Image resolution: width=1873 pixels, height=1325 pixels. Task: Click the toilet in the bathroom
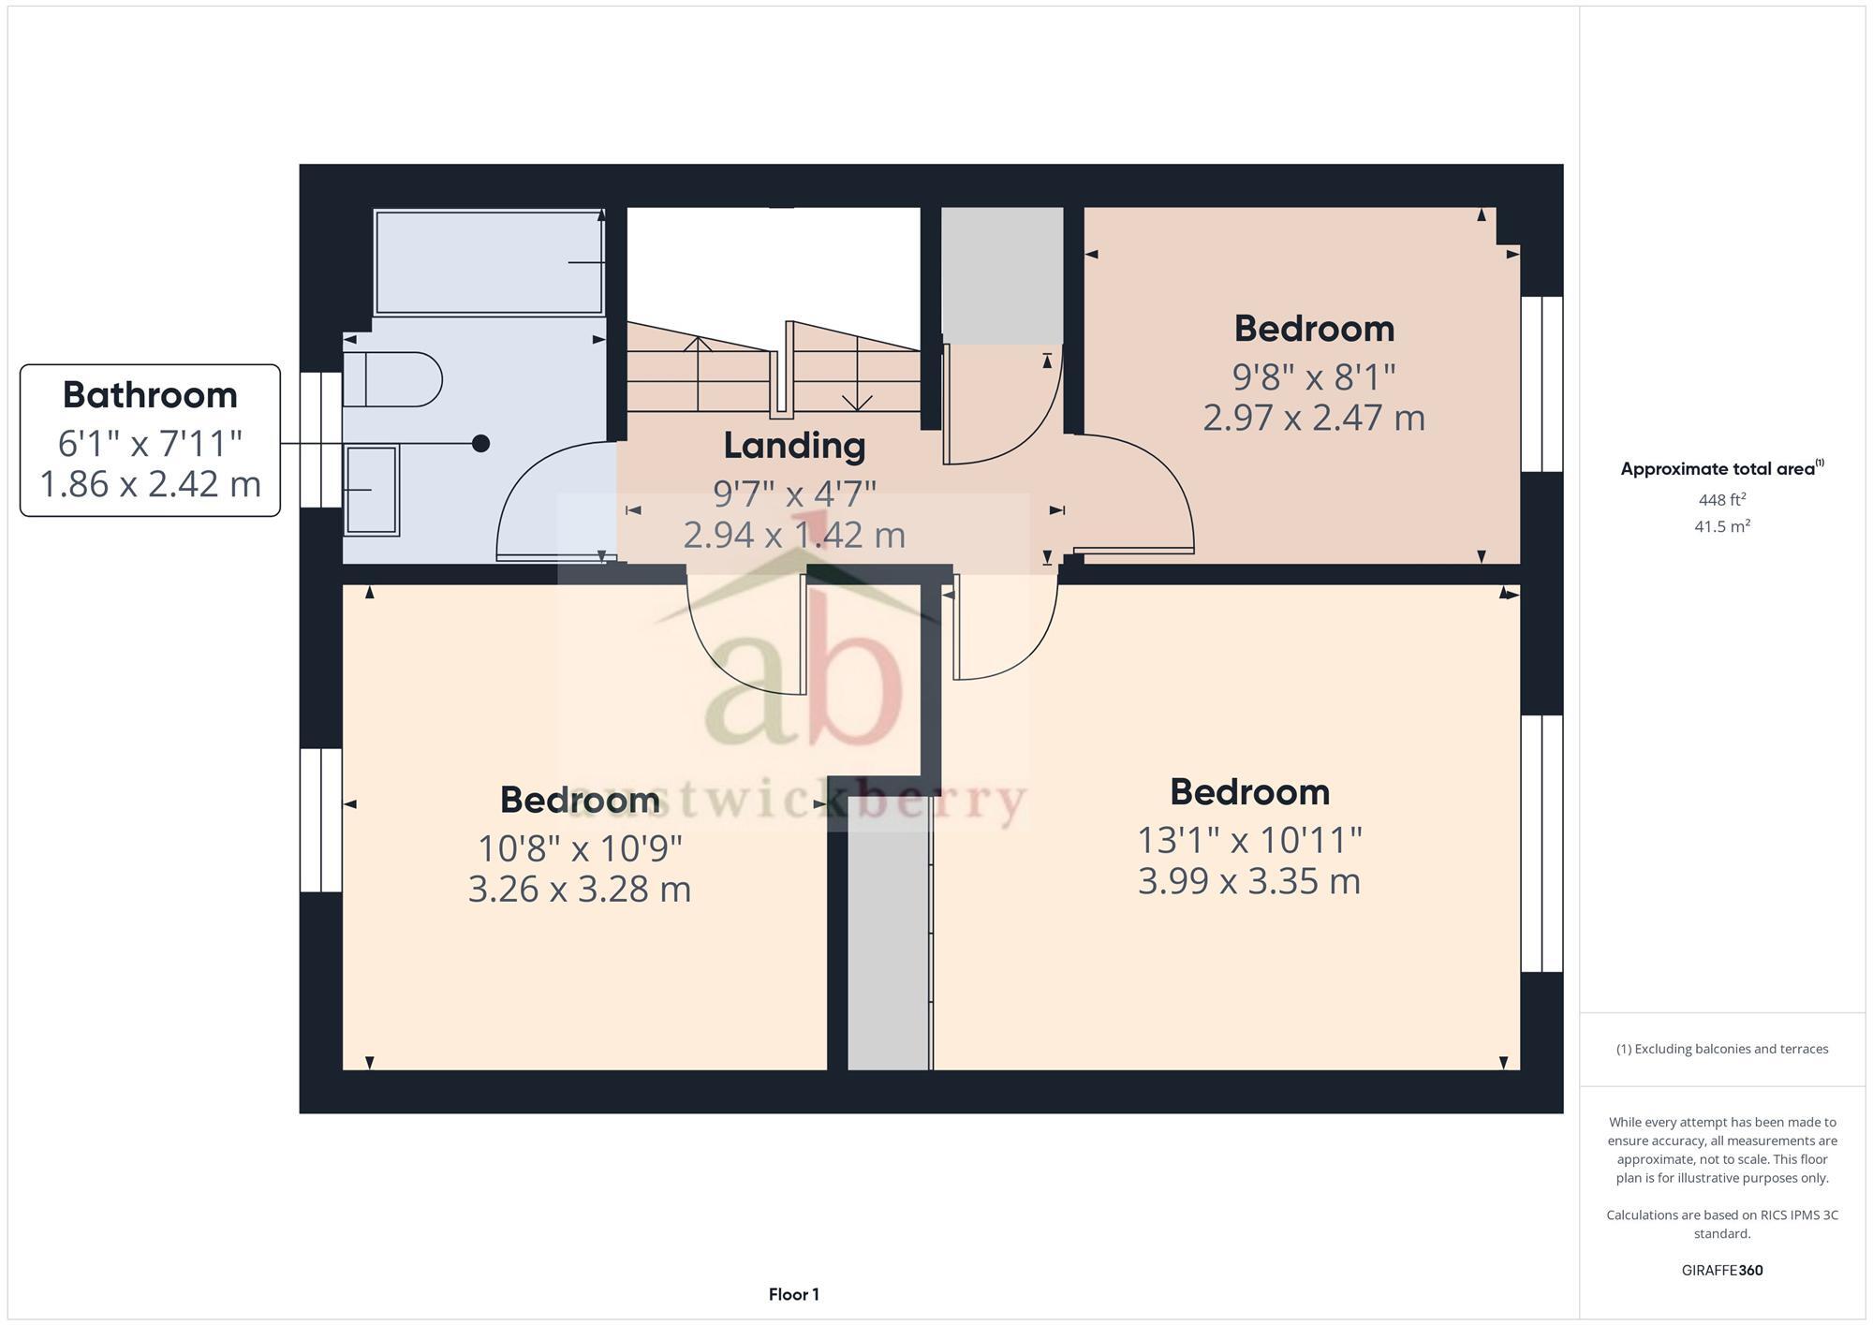click(391, 379)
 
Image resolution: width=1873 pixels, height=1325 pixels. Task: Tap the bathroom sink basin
click(372, 490)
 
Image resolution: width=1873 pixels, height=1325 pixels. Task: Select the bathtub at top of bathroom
click(488, 262)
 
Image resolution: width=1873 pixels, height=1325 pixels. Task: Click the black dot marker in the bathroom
click(480, 443)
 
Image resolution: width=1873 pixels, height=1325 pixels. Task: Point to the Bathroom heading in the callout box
click(150, 395)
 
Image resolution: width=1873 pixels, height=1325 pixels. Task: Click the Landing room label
click(794, 446)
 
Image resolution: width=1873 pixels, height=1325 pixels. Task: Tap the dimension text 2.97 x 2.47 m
click(1313, 418)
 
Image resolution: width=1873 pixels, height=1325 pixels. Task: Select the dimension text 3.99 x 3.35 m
click(1248, 881)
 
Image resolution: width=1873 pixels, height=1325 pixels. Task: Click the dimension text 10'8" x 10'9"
click(580, 848)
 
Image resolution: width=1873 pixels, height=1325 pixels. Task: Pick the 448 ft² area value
click(1721, 500)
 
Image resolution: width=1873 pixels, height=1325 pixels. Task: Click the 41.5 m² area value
click(1721, 526)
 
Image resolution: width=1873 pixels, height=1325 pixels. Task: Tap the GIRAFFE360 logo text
click(1721, 1271)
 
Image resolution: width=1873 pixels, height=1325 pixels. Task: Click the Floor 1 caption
click(793, 1295)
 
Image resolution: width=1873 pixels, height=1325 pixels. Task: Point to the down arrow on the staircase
click(857, 398)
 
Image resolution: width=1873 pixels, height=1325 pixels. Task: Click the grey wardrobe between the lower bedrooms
click(889, 946)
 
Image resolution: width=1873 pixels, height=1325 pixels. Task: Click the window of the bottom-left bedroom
click(320, 819)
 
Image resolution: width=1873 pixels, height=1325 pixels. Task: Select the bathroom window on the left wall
click(320, 440)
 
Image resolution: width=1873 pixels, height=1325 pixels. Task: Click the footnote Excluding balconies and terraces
click(1721, 1049)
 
